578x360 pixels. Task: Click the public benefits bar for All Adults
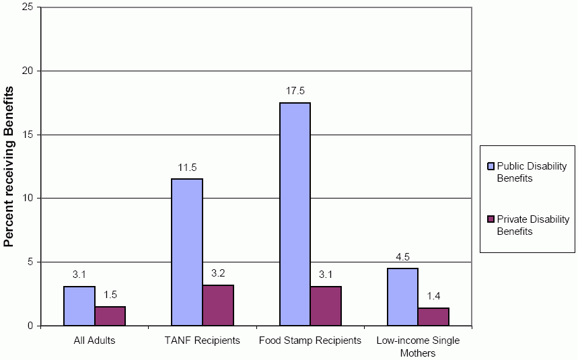tap(79, 306)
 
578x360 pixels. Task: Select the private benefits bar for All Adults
tap(110, 316)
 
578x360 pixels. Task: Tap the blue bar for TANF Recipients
tap(187, 252)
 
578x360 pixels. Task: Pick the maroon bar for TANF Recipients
tap(218, 305)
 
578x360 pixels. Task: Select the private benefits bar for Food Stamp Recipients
tap(326, 306)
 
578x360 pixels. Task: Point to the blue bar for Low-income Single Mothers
tap(402, 297)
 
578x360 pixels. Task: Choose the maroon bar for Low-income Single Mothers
tap(433, 317)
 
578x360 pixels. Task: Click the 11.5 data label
tap(187, 168)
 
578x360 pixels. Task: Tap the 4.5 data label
tap(402, 257)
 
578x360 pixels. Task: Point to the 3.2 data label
tap(218, 274)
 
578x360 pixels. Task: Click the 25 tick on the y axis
tap(29, 7)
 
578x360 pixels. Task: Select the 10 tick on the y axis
tap(29, 199)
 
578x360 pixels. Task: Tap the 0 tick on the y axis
tap(32, 326)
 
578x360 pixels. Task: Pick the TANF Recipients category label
tap(203, 340)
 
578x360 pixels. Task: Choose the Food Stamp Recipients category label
tap(310, 340)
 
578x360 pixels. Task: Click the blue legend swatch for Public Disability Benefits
tap(491, 166)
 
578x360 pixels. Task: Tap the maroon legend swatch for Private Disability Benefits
tap(491, 219)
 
